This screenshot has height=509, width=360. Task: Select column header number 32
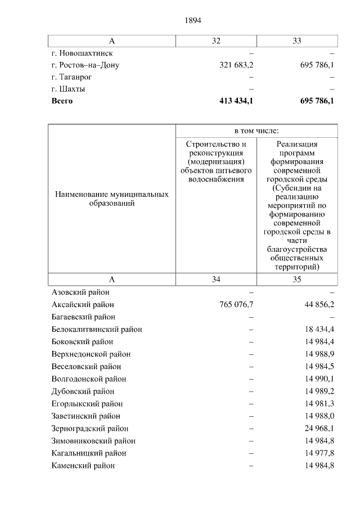(216, 40)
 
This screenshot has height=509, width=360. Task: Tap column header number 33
(297, 40)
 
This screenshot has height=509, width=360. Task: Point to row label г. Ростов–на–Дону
(85, 65)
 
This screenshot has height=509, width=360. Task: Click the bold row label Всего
(62, 101)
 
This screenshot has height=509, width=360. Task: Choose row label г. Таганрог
(71, 76)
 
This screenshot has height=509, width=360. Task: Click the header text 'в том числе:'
(256, 130)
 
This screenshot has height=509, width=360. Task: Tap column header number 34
(216, 279)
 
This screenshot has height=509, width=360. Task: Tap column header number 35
(297, 279)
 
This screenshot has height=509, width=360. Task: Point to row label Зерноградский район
(90, 429)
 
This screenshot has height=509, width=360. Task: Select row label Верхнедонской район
(91, 354)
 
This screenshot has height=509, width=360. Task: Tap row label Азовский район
(80, 292)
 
